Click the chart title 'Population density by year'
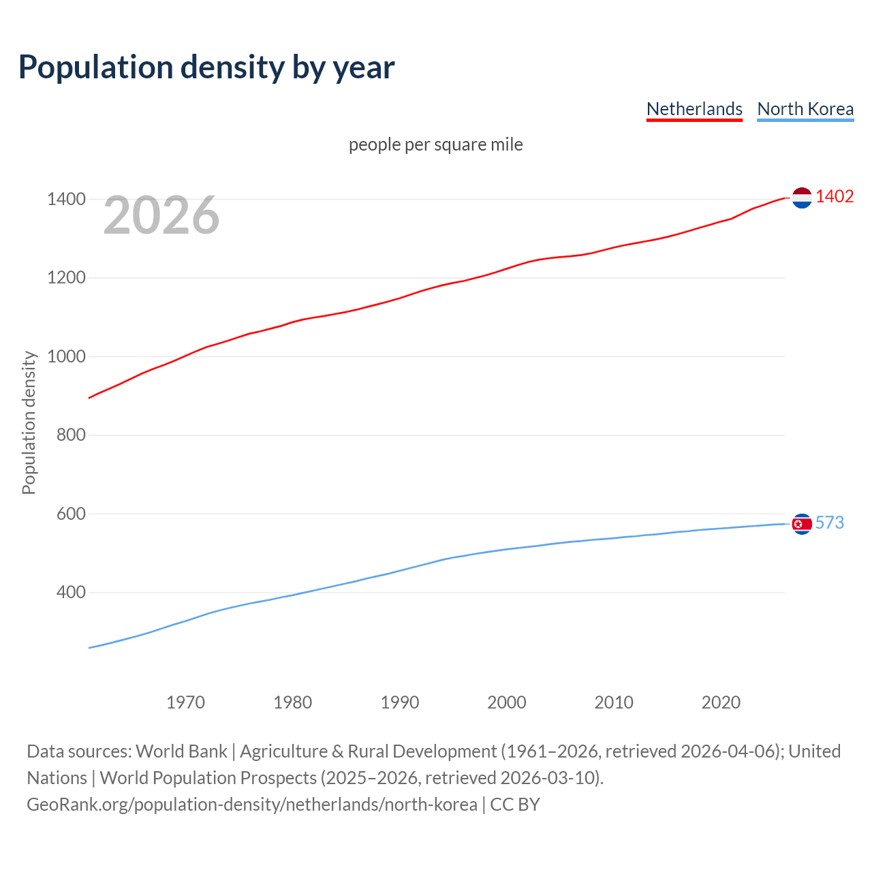pyautogui.click(x=206, y=67)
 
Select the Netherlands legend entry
pyautogui.click(x=694, y=109)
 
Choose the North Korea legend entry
pyautogui.click(x=805, y=109)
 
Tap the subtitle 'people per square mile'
pyautogui.click(x=436, y=144)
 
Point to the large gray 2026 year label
pyautogui.click(x=161, y=215)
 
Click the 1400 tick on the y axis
pyautogui.click(x=66, y=200)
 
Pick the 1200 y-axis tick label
pyautogui.click(x=66, y=278)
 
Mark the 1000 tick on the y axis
pyautogui.click(x=66, y=356)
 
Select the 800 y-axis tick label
pyautogui.click(x=71, y=435)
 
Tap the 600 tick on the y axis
pyautogui.click(x=71, y=514)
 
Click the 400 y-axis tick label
pyautogui.click(x=71, y=593)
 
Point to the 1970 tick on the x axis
pyautogui.click(x=185, y=702)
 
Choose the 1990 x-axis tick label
pyautogui.click(x=400, y=702)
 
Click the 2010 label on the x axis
pyautogui.click(x=614, y=702)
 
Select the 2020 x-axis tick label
pyautogui.click(x=721, y=702)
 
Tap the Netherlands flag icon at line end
pyautogui.click(x=802, y=198)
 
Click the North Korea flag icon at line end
pyautogui.click(x=802, y=524)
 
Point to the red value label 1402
pyautogui.click(x=835, y=197)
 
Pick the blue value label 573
pyautogui.click(x=830, y=523)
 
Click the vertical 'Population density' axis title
pyautogui.click(x=29, y=422)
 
